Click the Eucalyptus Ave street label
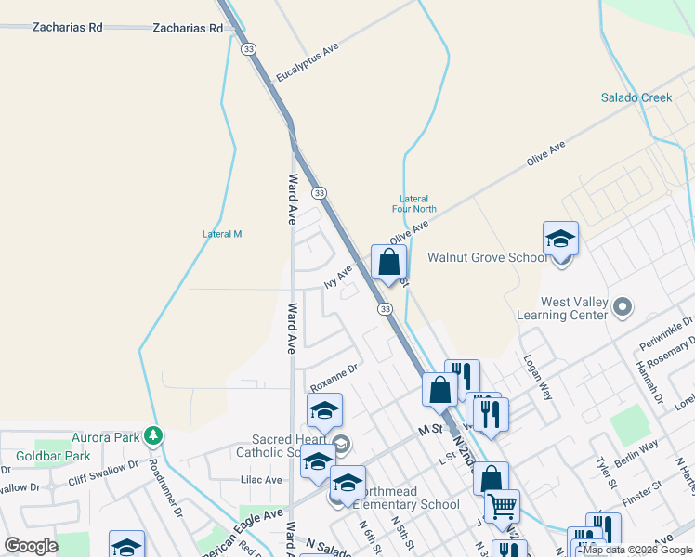coord(304,62)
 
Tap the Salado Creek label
coord(636,97)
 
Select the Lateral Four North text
coord(413,204)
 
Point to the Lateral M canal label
coord(222,234)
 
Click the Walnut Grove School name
coord(487,257)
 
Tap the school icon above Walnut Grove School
coord(561,240)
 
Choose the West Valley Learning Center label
coord(574,308)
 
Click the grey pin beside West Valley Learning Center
coord(623,304)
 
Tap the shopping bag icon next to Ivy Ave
coord(388,263)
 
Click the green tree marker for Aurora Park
coord(154,435)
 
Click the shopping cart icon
coord(502,506)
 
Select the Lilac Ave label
coord(261,480)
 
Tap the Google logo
coord(31,546)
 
